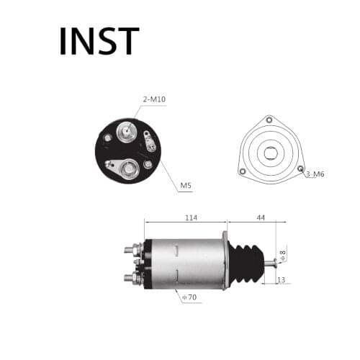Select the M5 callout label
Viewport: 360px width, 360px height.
tap(185, 186)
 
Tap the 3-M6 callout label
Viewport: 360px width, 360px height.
tap(315, 174)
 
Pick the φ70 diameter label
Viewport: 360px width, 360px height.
tap(189, 296)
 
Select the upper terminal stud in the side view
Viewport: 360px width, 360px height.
tap(130, 250)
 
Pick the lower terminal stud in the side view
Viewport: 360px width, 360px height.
tap(130, 277)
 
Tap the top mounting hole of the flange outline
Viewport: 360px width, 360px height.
tap(271, 119)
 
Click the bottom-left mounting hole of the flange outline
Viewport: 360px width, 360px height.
tap(243, 171)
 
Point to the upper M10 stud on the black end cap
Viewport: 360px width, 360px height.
tap(125, 132)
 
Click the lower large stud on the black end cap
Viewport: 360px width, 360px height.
tap(130, 170)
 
